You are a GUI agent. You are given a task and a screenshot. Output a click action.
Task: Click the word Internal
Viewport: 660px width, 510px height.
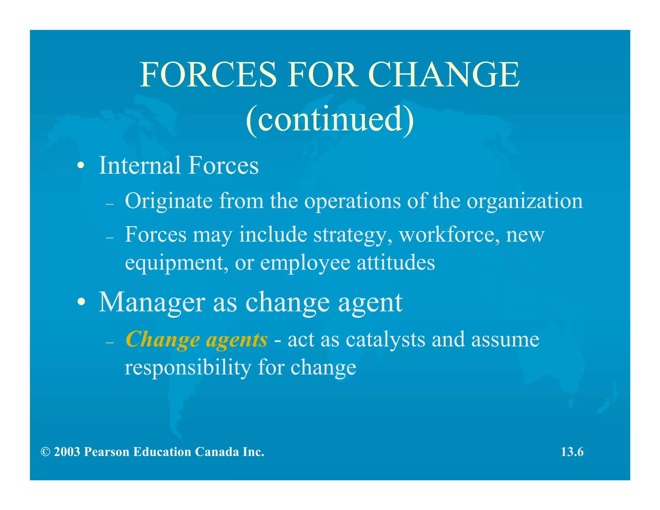(140, 165)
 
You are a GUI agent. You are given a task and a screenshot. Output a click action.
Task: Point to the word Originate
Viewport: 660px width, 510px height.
(169, 201)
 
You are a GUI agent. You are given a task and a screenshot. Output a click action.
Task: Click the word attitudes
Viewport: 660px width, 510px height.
(396, 262)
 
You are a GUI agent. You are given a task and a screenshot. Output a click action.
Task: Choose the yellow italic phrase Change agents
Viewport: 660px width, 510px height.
(197, 340)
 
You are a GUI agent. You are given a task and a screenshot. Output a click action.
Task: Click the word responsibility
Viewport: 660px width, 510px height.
(188, 368)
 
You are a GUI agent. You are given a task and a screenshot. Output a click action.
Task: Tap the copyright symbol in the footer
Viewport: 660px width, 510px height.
(45, 452)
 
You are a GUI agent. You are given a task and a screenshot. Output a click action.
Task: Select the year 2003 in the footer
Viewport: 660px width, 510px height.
(67, 452)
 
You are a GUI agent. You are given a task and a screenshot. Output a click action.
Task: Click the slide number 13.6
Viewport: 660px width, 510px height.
(572, 452)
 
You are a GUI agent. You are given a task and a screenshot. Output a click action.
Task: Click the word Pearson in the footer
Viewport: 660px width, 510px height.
(106, 452)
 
